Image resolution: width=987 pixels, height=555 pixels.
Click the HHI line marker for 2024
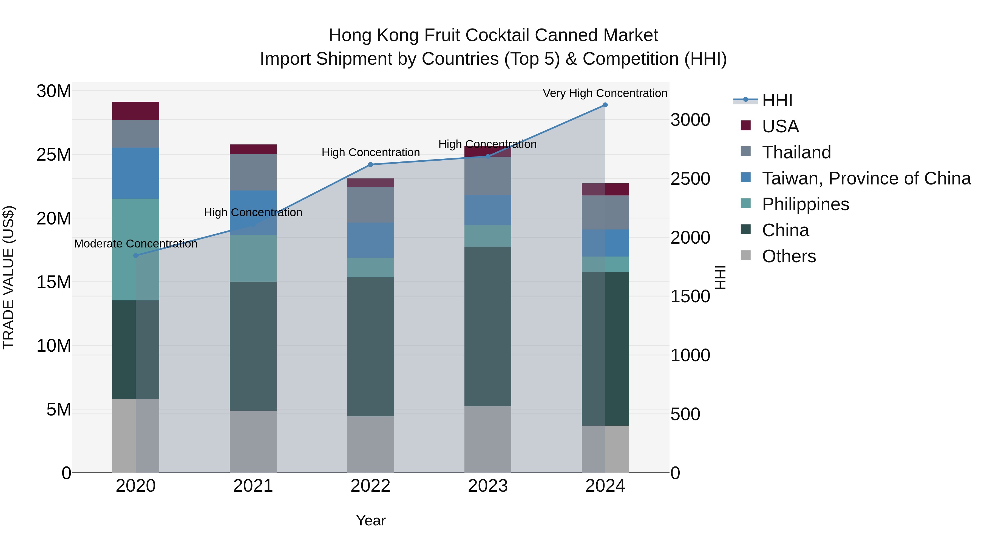coord(605,105)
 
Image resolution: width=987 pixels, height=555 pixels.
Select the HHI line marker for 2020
coord(136,255)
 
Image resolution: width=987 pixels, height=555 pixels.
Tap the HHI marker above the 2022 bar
coord(370,165)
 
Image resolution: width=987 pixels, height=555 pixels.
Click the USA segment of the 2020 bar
coord(136,111)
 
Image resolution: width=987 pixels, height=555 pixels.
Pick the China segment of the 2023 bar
coord(488,326)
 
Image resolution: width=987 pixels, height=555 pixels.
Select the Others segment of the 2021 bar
coord(253,442)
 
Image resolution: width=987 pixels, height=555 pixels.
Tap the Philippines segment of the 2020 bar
coord(136,249)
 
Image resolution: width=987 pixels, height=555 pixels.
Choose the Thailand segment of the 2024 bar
coord(605,213)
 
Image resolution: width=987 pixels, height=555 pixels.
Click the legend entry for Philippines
coord(806,204)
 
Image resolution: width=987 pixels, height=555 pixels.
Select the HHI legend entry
coord(777,100)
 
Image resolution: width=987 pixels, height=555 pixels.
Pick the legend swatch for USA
coord(746,125)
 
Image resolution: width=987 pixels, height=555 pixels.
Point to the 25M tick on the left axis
coord(54,155)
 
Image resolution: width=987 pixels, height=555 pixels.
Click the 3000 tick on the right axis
coord(690,120)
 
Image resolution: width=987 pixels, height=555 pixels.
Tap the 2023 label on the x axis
coord(488,486)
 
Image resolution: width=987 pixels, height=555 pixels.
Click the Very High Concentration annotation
coord(605,93)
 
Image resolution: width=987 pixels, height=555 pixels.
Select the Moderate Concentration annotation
coord(136,244)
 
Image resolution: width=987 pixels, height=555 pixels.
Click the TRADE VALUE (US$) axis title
coord(8,277)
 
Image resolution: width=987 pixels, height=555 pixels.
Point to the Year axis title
coord(370,520)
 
